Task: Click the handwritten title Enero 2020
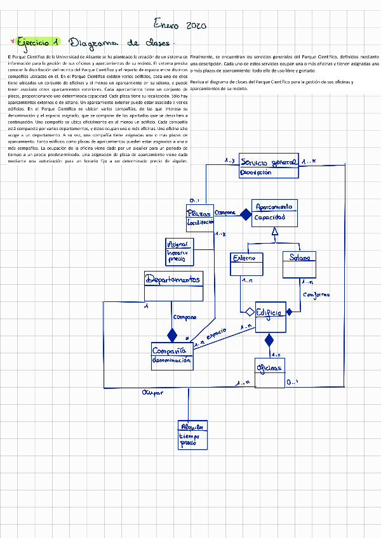click(x=180, y=25)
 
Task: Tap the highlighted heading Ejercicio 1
click(x=39, y=43)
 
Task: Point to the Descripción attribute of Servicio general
click(x=256, y=172)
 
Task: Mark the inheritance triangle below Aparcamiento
click(x=274, y=233)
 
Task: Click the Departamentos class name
click(x=173, y=280)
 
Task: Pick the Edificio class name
click(x=271, y=312)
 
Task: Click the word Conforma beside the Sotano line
click(x=316, y=296)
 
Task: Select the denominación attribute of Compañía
click(x=171, y=360)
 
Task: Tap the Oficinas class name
click(x=269, y=368)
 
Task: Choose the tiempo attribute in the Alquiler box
click(x=189, y=436)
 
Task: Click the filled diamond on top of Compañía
click(x=171, y=334)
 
